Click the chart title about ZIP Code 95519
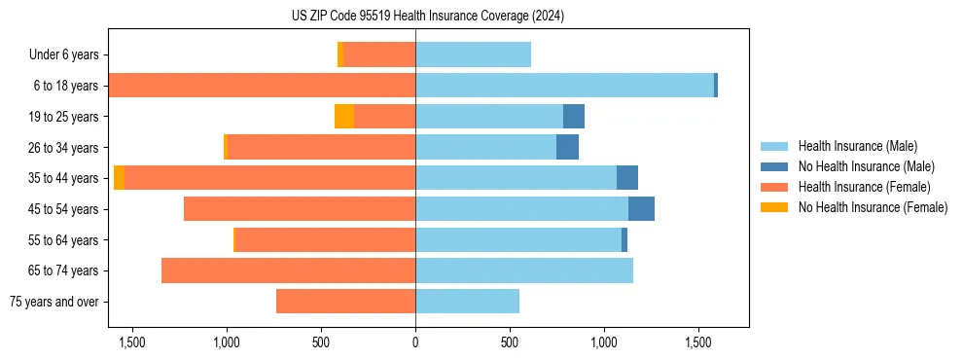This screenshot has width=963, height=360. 427,17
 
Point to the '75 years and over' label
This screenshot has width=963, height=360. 53,302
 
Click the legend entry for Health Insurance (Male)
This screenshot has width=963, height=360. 857,146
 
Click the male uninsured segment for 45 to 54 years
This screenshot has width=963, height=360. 641,209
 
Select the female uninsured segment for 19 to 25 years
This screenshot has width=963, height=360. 344,117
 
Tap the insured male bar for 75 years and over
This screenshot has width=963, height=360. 467,302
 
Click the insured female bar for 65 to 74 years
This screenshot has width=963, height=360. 288,270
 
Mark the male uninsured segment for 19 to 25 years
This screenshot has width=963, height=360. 574,117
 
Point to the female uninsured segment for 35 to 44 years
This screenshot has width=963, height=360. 119,178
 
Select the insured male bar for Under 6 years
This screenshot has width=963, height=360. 473,55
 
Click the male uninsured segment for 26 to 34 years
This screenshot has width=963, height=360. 567,148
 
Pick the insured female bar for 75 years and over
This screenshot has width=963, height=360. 345,302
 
